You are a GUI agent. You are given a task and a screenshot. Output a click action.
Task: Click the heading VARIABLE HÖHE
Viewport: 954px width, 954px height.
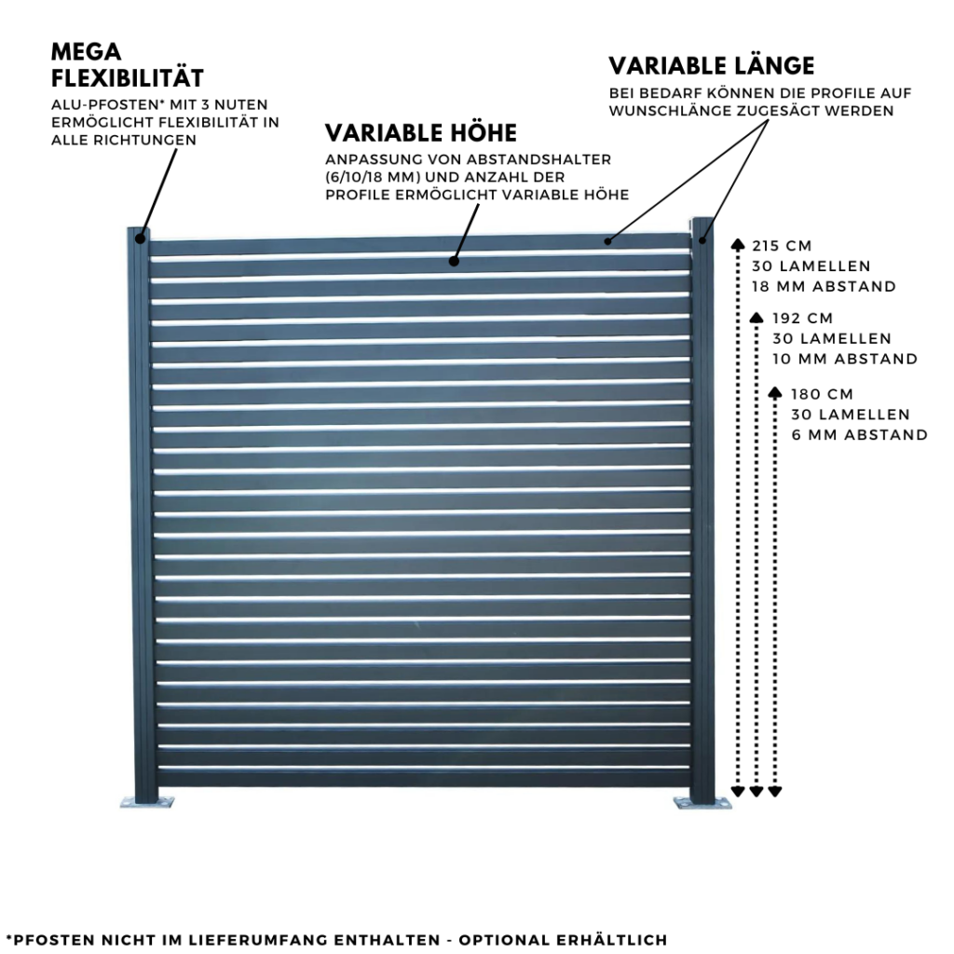click(x=420, y=132)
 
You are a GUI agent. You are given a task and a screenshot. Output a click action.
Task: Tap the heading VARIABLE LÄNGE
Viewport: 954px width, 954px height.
click(x=712, y=66)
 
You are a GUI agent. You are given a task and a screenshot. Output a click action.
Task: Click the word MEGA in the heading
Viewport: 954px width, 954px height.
click(x=87, y=50)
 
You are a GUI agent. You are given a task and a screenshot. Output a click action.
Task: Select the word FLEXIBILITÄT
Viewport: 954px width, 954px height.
click(x=128, y=77)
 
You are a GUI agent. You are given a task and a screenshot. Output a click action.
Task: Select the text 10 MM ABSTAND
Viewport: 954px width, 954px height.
click(x=845, y=359)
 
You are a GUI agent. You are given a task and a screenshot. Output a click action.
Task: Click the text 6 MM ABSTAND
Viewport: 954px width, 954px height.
click(x=860, y=434)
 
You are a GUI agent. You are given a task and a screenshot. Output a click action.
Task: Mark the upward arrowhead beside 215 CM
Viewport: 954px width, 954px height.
click(x=738, y=245)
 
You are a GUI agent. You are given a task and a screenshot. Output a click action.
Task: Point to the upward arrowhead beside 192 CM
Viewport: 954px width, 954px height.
click(x=756, y=318)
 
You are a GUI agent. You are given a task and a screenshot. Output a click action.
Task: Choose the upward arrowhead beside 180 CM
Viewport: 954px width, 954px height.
click(x=775, y=392)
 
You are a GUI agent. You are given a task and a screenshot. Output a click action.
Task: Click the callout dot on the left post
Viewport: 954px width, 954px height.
click(x=140, y=238)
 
